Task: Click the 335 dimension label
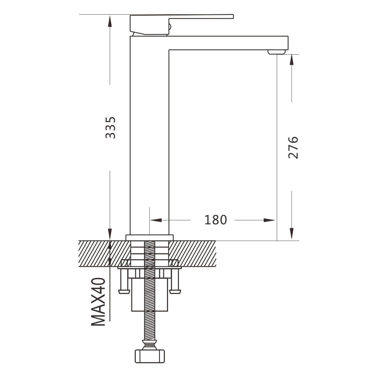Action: click(110, 128)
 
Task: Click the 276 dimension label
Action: click(293, 147)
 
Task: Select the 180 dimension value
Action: click(215, 220)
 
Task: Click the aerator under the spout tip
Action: click(277, 52)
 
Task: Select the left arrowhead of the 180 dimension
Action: click(156, 220)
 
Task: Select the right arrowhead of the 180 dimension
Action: click(269, 220)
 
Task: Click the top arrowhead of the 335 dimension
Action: click(110, 22)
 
